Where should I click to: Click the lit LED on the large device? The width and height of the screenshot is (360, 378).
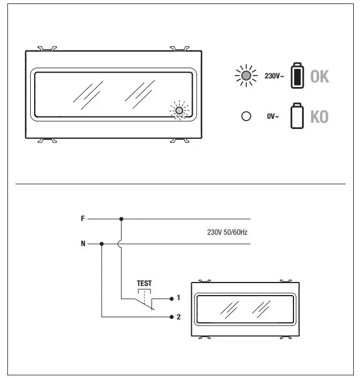pyautogui.click(x=179, y=110)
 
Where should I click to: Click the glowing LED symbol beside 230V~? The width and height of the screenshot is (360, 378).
pyautogui.click(x=246, y=76)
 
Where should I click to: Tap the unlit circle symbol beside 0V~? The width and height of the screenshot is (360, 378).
pyautogui.click(x=246, y=116)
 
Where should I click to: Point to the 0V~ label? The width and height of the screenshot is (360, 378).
pyautogui.click(x=273, y=117)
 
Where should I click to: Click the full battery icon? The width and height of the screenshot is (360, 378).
pyautogui.click(x=297, y=76)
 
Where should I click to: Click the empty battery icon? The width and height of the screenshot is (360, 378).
pyautogui.click(x=297, y=116)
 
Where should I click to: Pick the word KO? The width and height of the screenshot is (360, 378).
pyautogui.click(x=319, y=117)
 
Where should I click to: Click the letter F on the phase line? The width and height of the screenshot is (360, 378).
pyautogui.click(x=83, y=218)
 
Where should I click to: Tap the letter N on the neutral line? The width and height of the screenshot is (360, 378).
pyautogui.click(x=83, y=244)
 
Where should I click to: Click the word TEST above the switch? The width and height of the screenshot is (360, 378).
pyautogui.click(x=144, y=283)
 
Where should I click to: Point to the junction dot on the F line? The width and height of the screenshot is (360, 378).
pyautogui.click(x=121, y=218)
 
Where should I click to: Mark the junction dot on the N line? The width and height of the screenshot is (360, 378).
pyautogui.click(x=101, y=244)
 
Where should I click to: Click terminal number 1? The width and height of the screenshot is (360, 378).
pyautogui.click(x=178, y=298)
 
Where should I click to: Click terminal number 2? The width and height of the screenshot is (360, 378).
pyautogui.click(x=178, y=317)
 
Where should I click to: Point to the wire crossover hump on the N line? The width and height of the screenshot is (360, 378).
pyautogui.click(x=121, y=244)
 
